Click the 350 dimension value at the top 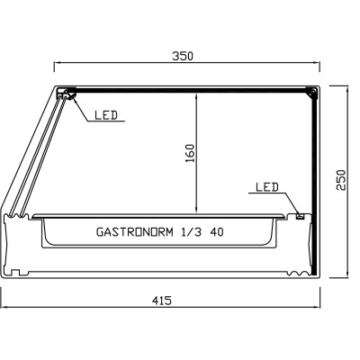point(183,55)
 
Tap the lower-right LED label point(267,187)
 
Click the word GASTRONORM point(135,231)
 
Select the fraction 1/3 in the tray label point(191,231)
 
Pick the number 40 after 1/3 point(217,231)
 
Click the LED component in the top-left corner point(64,93)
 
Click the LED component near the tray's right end point(300,214)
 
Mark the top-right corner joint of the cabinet point(310,91)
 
